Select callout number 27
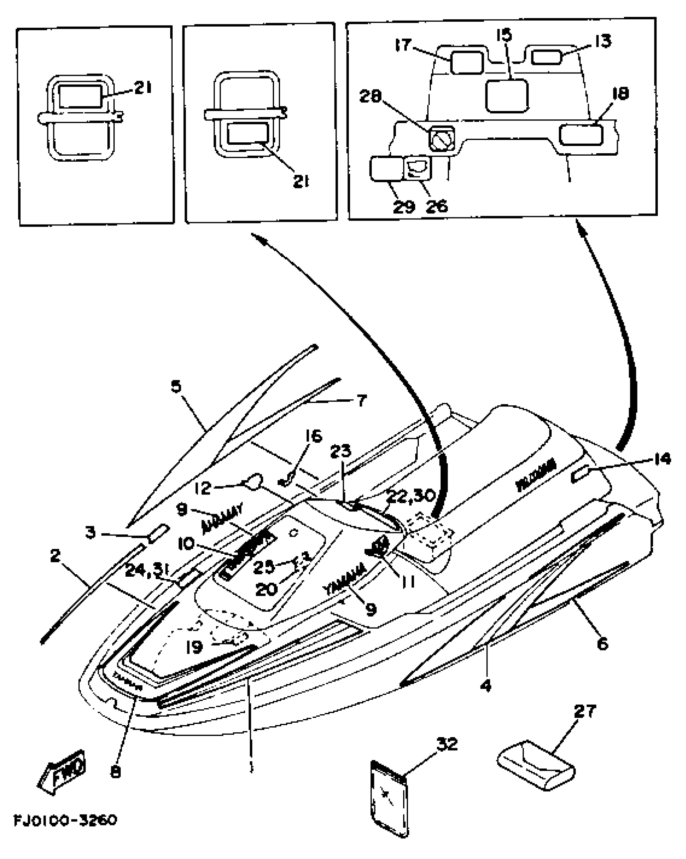coord(585,711)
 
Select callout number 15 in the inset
coord(504,35)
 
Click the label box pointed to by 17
coord(466,63)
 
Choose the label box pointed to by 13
coord(546,57)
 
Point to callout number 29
coord(403,206)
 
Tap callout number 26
coord(437,206)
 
